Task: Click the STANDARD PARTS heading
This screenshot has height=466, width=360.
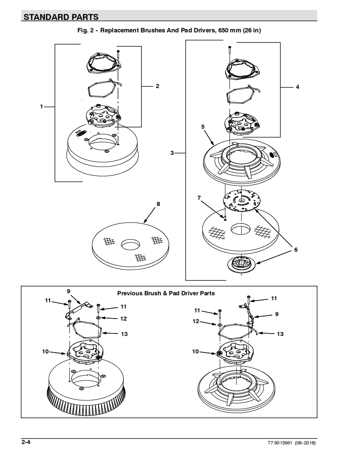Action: point(61,17)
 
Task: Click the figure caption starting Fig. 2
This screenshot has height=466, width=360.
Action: point(169,30)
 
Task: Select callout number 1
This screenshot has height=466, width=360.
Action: point(41,107)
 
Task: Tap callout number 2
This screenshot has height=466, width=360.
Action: point(158,86)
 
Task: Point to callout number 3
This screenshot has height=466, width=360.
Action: point(172,153)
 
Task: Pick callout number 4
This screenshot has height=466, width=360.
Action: point(297,87)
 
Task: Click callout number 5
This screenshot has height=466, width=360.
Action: point(203,126)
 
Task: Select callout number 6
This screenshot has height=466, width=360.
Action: point(296,250)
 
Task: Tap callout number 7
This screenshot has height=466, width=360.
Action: point(199,198)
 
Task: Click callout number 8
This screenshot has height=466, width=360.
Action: point(158,204)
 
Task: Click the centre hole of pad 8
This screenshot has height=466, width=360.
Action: point(131,245)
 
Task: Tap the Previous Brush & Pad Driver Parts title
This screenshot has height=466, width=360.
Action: point(166,293)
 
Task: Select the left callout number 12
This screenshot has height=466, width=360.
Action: point(123,319)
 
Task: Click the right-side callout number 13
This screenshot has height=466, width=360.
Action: point(280,334)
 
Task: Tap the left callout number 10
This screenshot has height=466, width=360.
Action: point(45,351)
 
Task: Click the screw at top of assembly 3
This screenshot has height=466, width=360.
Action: point(229,50)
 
